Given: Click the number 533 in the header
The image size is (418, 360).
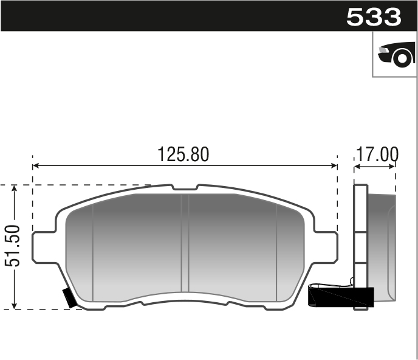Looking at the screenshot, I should tap(374, 17).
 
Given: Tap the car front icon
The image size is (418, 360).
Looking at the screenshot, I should tap(396, 55).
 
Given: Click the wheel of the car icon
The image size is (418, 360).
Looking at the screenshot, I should tap(402, 58).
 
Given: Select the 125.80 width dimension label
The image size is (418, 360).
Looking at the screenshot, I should tap(183, 154).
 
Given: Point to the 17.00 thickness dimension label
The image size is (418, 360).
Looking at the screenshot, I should tap(377, 154).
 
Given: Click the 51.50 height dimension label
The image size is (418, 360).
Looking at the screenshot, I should tap(13, 246).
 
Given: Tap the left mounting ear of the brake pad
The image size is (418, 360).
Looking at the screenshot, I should tap(43, 246).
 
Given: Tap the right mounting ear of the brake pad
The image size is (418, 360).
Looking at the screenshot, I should tap(326, 246).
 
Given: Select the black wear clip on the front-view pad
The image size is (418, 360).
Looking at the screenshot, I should tap(70, 298).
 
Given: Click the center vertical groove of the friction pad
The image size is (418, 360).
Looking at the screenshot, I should tap(185, 243).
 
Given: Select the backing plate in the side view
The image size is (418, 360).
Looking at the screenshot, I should tap(360, 243).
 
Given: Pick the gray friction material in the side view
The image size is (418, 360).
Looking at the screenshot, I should tap(381, 243).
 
